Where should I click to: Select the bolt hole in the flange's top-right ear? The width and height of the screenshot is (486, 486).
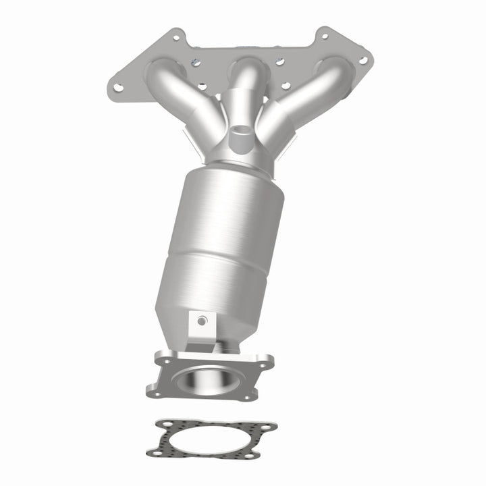coord(325,36)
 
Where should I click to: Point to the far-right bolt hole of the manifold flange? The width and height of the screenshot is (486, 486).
coord(363,60)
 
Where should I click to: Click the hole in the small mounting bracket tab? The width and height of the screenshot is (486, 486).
coord(201,321)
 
